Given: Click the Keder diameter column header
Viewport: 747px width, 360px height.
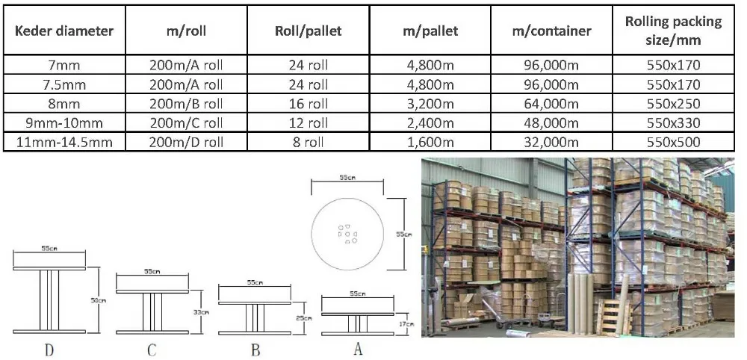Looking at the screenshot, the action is [64, 31].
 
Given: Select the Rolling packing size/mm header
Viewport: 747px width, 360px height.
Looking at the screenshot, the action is [673, 31].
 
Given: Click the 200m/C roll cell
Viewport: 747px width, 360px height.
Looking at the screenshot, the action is [186, 122].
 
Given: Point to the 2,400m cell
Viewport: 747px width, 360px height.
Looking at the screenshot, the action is [429, 122].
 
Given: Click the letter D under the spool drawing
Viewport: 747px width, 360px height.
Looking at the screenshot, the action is [49, 349].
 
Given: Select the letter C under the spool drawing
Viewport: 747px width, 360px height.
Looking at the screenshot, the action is [152, 349].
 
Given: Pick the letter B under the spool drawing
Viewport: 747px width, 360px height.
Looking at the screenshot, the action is [255, 349].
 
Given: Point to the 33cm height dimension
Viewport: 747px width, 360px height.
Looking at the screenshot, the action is [197, 311].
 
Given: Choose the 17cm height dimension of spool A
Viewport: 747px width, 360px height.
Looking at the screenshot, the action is [404, 323].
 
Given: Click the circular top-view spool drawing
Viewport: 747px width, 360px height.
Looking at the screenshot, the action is [347, 234].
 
